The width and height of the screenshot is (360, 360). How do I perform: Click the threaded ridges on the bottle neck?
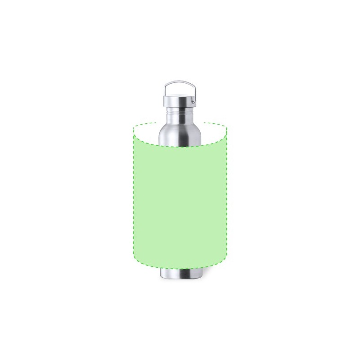(x=180, y=110)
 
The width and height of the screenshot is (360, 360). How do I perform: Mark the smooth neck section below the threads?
(x=180, y=118)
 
